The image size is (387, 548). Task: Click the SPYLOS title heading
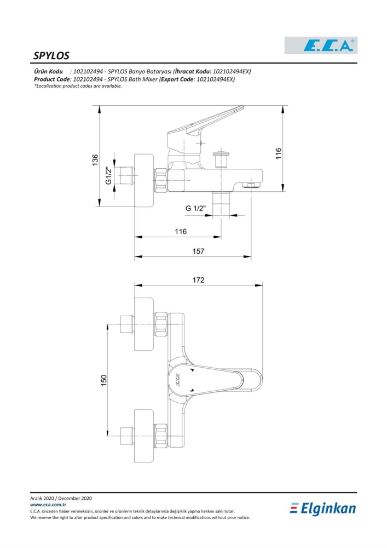tap(51, 55)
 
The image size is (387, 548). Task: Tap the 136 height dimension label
tap(95, 160)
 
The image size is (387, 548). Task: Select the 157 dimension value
tap(198, 251)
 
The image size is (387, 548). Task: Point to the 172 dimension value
tap(198, 280)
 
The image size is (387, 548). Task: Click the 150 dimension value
tap(103, 381)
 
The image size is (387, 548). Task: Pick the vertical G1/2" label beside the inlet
tap(109, 175)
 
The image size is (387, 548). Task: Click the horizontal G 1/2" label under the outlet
tap(195, 208)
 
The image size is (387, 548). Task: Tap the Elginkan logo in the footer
tap(323, 509)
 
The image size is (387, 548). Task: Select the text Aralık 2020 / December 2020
tap(61, 498)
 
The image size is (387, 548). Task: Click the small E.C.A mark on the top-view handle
tap(177, 380)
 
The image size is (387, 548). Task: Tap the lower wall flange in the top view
tap(144, 430)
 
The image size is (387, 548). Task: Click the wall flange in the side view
tap(144, 180)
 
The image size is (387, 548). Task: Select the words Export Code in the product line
tap(177, 79)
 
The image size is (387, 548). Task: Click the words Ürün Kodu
tap(48, 71)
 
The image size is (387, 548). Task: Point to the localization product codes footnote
tap(78, 86)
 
